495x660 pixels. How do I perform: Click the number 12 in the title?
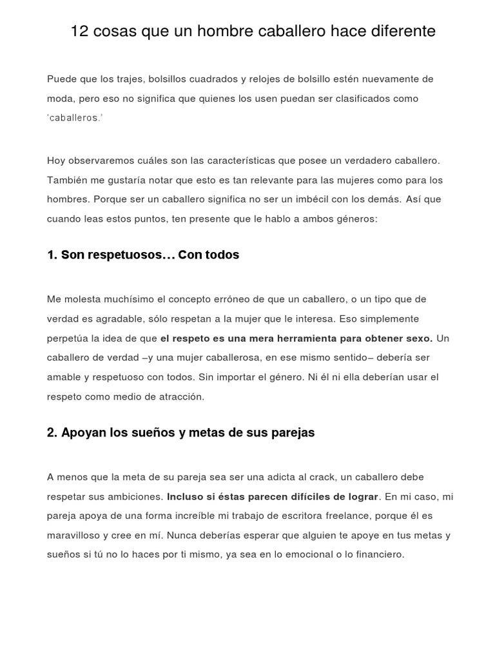(x=79, y=31)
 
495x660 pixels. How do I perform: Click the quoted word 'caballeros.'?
(x=75, y=119)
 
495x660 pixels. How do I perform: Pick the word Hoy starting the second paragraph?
(x=55, y=160)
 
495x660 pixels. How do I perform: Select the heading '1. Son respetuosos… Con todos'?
(x=143, y=255)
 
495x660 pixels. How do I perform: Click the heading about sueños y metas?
(x=180, y=433)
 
